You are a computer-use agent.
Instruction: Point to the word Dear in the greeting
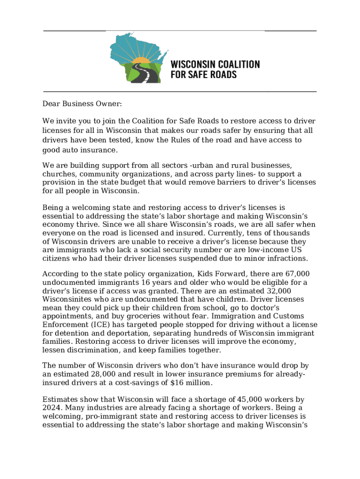coord(51,103)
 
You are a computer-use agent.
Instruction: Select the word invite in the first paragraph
coord(67,122)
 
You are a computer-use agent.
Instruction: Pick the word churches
coord(58,174)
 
